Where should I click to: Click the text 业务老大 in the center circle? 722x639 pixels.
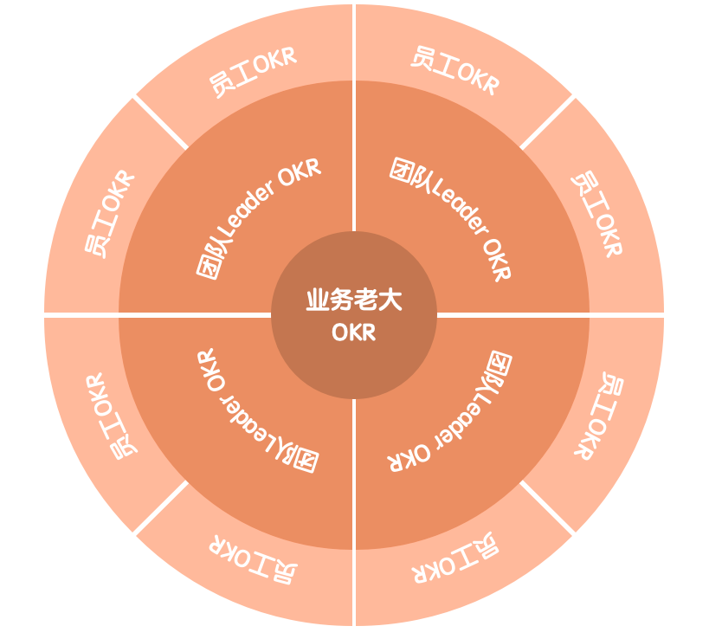[353, 300]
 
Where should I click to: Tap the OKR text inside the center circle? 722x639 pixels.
[353, 332]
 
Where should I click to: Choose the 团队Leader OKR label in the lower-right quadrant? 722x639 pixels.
[449, 411]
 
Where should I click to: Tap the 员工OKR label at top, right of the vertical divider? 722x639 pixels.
[454, 71]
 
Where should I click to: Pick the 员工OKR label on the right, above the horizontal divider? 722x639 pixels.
[598, 214]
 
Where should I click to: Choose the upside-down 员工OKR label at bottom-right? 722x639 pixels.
[455, 558]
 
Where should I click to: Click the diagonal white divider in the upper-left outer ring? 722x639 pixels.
[160, 122]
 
